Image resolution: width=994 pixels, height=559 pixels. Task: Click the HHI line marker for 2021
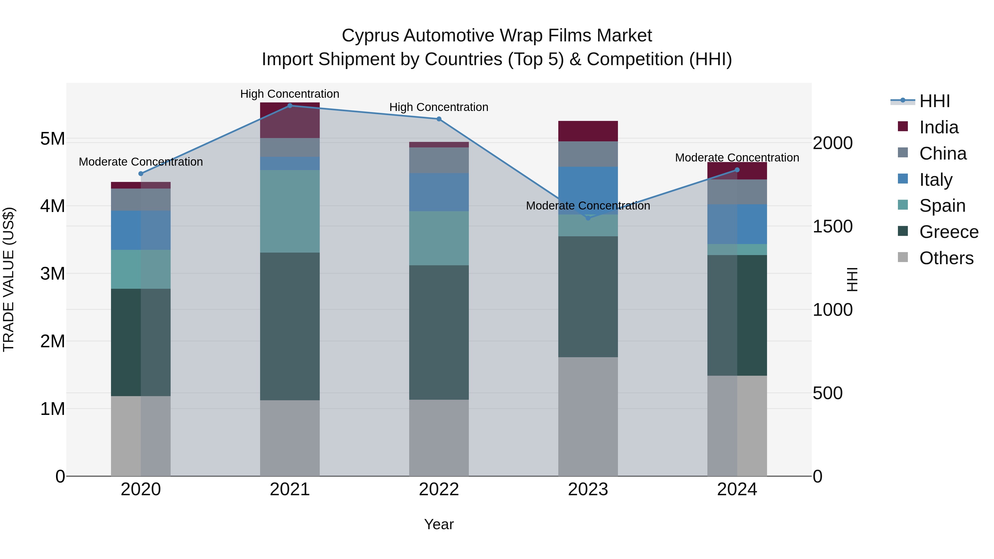tap(290, 106)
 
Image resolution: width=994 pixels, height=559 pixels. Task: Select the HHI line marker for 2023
tap(588, 218)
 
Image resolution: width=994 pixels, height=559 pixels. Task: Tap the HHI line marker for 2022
tap(439, 119)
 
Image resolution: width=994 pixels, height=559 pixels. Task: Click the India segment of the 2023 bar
tap(588, 131)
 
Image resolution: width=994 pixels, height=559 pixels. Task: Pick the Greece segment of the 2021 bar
tap(290, 326)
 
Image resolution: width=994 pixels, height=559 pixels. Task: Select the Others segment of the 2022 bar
tap(439, 438)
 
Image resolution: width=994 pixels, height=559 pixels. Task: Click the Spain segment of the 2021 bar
tap(290, 211)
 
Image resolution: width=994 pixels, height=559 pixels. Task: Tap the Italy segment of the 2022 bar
tap(439, 192)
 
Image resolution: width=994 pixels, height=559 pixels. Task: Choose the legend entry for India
tap(939, 127)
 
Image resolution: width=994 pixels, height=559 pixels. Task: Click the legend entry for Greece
tap(948, 232)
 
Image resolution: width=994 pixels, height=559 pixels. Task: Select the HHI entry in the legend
tap(934, 101)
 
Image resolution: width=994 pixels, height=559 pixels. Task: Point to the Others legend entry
tap(946, 258)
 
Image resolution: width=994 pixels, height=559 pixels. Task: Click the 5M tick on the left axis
tap(52, 139)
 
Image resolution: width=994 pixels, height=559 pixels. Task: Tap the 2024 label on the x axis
tap(737, 489)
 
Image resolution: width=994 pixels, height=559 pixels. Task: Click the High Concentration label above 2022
tap(439, 107)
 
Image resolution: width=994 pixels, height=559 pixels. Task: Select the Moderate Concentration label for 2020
tap(141, 162)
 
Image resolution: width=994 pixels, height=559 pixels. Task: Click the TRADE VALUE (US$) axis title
tap(9, 279)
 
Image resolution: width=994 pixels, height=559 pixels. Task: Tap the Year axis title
tap(439, 524)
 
